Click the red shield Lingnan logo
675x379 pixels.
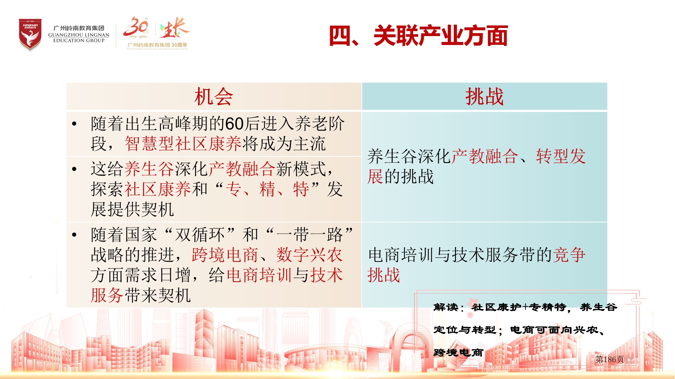pyautogui.click(x=30, y=35)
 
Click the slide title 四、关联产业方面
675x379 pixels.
pyautogui.click(x=418, y=36)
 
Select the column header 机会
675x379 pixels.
pyautogui.click(x=214, y=97)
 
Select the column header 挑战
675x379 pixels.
pyautogui.click(x=484, y=97)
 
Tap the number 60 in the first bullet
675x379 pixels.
pyautogui.click(x=234, y=124)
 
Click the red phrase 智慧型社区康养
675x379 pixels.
pyautogui.click(x=183, y=144)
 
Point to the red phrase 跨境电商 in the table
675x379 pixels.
pyautogui.click(x=225, y=255)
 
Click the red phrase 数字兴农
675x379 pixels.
pyautogui.click(x=309, y=255)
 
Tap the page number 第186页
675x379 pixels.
pyautogui.click(x=610, y=359)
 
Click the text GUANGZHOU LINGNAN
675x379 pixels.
pyautogui.click(x=79, y=35)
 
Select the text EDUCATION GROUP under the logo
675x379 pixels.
pyautogui.click(x=79, y=40)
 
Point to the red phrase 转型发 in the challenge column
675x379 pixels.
pyautogui.click(x=561, y=156)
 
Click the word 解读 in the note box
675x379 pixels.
pyautogui.click(x=446, y=307)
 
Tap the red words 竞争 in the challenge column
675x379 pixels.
pyautogui.click(x=569, y=255)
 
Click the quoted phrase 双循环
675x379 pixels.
pyautogui.click(x=200, y=234)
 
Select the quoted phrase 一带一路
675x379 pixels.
pyautogui.click(x=309, y=234)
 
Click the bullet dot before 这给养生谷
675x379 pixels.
pyautogui.click(x=74, y=169)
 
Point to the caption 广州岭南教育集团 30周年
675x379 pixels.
pyautogui.click(x=157, y=45)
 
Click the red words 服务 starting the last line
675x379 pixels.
pyautogui.click(x=107, y=295)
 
